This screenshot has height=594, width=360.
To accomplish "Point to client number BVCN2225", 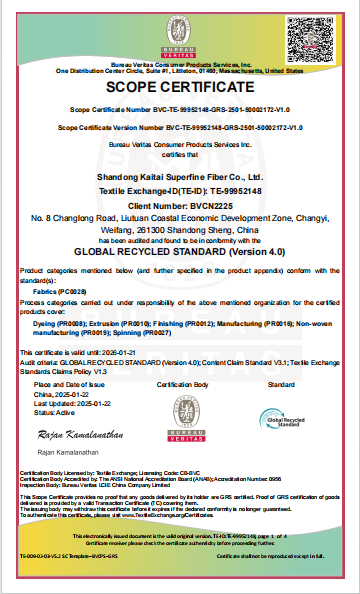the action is [180, 203].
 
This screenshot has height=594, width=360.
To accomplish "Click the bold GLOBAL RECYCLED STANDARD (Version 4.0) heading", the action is [180, 253].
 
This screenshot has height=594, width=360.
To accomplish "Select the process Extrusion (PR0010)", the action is [108, 325].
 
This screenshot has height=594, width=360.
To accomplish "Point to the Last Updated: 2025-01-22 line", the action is [70, 402].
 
